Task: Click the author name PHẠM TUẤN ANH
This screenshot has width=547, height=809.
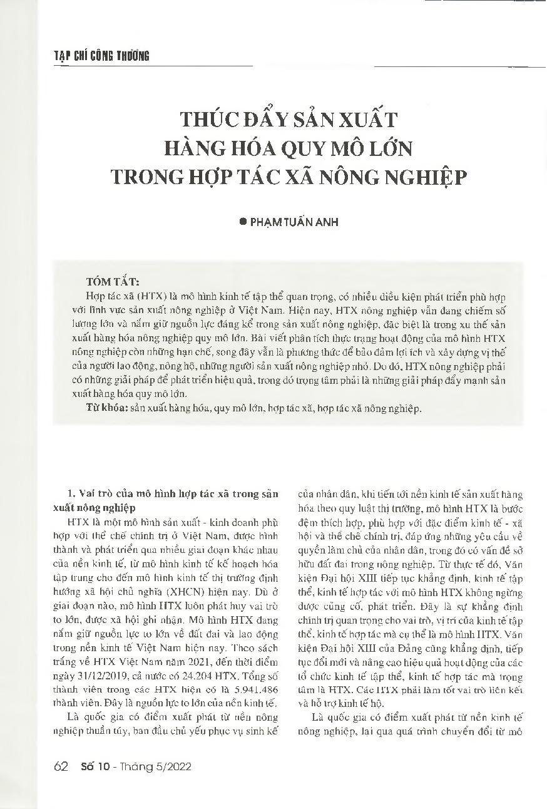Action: click(x=294, y=222)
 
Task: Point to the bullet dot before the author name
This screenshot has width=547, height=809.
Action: click(x=243, y=222)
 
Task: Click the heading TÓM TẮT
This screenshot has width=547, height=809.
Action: click(x=113, y=281)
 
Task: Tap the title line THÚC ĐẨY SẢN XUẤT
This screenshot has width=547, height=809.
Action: click(x=289, y=119)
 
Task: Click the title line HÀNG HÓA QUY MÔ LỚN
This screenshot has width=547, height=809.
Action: click(x=288, y=148)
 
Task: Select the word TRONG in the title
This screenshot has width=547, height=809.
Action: click(x=146, y=178)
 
